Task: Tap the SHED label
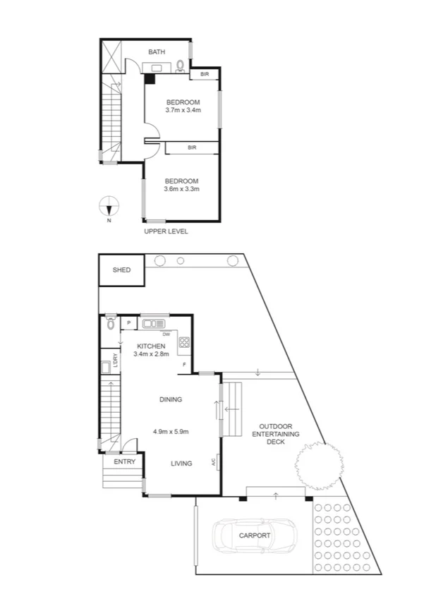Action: point(121,270)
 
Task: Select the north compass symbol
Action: point(108,207)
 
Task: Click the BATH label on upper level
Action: point(157,52)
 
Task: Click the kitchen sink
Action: point(153,324)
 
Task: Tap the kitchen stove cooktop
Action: point(184,344)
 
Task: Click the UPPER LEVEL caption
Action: point(166,231)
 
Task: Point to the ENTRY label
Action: point(124,461)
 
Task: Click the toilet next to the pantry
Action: point(110,324)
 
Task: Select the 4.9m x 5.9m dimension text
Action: point(170,432)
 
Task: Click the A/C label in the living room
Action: point(213,463)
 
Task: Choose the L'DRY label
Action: point(115,359)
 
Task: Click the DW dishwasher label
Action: point(166,334)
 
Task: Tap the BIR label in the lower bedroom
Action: point(191,147)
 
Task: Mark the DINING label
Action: point(170,399)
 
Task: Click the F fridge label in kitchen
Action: point(185,365)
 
